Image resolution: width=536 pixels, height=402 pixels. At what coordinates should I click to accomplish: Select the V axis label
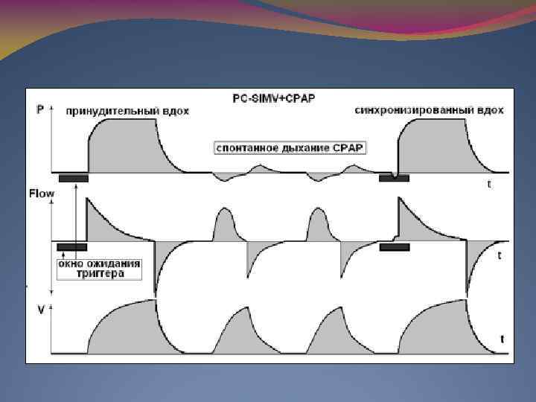click(x=39, y=307)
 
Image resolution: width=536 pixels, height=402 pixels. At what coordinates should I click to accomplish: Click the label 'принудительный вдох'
click(x=127, y=111)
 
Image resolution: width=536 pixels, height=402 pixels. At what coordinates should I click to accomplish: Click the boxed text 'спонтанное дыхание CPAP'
click(x=289, y=147)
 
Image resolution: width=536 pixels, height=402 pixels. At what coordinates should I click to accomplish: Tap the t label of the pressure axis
click(x=488, y=184)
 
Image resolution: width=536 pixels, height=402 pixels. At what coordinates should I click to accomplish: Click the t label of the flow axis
click(x=499, y=255)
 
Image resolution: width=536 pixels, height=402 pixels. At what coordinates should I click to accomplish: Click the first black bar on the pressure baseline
click(x=73, y=178)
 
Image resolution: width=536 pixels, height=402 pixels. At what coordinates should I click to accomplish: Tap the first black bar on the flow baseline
click(x=71, y=246)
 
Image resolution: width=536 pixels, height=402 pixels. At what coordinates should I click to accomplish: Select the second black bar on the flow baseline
click(x=394, y=246)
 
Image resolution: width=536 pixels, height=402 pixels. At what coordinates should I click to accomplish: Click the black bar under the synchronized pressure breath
click(x=393, y=177)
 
